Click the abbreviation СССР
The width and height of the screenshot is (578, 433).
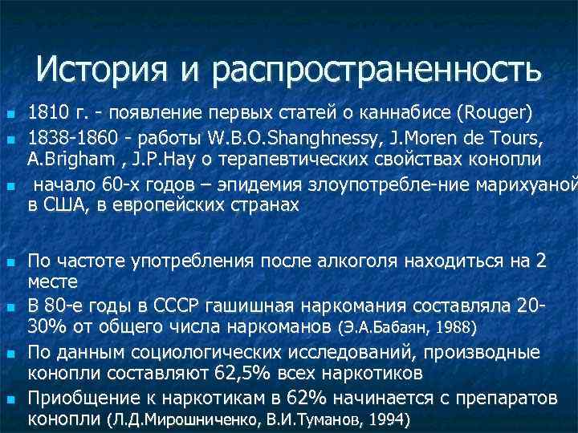tap(188, 307)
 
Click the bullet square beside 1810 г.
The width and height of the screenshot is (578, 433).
tap(10, 112)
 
